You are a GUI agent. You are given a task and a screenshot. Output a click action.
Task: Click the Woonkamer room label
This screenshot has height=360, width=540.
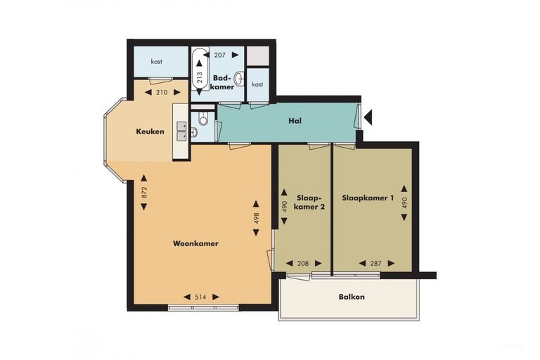[195, 243]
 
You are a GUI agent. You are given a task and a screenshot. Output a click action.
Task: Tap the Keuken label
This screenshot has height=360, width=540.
[150, 131]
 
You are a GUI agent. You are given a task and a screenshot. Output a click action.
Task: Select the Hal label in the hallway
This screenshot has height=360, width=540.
[295, 121]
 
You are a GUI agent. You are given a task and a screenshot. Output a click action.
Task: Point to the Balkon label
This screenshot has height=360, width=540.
[352, 297]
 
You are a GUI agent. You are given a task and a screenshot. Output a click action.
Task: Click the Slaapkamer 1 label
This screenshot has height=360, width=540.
[368, 198]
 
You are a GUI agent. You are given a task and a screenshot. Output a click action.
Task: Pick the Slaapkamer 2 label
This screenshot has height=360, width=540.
[311, 202]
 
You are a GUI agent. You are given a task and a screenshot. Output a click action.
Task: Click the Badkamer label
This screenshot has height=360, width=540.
[222, 82]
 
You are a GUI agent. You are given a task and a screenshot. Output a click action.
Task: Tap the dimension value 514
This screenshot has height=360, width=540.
[201, 297]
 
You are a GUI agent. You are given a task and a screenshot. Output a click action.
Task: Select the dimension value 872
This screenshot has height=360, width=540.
[144, 192]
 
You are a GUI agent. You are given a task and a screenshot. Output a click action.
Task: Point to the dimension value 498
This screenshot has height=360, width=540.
[256, 218]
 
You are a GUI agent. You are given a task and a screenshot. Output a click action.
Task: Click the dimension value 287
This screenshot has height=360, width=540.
[375, 264]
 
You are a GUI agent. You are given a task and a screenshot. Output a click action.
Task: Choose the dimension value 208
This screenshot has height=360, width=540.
[303, 264]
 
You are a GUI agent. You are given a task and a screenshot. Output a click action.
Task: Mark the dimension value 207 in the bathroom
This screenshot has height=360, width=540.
[219, 55]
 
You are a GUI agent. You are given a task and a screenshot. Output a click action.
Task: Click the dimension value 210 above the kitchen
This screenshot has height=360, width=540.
[162, 92]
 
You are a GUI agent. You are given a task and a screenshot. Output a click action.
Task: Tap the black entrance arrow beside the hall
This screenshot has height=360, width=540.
[368, 117]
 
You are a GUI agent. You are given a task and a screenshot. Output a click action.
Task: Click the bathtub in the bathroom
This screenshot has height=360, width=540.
[200, 69]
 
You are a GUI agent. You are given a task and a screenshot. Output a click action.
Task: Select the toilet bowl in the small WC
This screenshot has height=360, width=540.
[203, 120]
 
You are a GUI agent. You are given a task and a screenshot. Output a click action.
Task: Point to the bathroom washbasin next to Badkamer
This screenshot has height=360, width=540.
[239, 79]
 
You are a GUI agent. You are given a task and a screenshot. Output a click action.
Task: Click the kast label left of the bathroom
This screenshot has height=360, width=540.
[156, 62]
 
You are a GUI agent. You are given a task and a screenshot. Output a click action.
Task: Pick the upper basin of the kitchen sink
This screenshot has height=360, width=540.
[181, 126]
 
